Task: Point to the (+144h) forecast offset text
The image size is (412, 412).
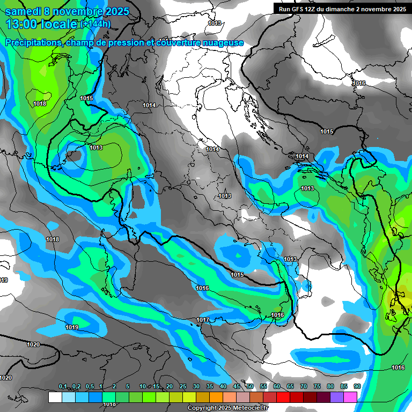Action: coord(95,24)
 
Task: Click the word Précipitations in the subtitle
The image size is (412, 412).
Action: coord(32,43)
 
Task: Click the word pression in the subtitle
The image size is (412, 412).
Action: coord(124,43)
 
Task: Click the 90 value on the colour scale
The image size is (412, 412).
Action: coord(357,387)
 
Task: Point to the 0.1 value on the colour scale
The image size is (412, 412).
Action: coord(62,387)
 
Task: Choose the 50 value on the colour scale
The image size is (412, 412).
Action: coord(250,387)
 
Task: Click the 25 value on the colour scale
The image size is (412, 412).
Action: coord(183,387)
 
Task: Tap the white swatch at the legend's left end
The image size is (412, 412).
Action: coord(55,397)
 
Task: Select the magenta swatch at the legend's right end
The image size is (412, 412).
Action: coord(350,397)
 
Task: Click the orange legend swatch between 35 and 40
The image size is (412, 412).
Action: coord(216,397)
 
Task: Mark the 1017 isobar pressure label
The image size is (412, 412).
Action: coord(202,320)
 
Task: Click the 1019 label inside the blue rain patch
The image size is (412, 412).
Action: coord(72,327)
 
